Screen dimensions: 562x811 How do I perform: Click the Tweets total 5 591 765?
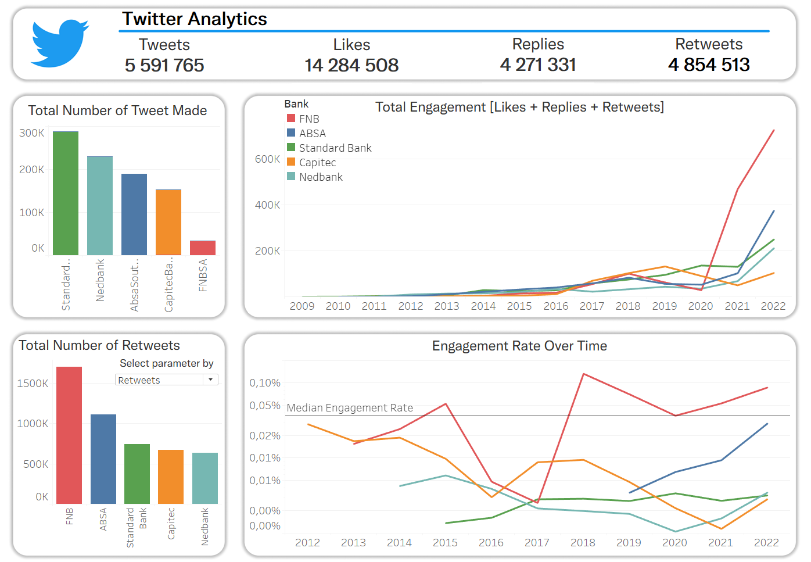pyautogui.click(x=164, y=65)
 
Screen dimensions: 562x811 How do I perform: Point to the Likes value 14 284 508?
pyautogui.click(x=351, y=65)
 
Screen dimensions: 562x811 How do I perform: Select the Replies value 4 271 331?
pyautogui.click(x=538, y=65)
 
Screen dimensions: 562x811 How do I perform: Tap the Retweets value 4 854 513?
pyautogui.click(x=709, y=65)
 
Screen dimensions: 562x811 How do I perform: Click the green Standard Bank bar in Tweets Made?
pyautogui.click(x=66, y=194)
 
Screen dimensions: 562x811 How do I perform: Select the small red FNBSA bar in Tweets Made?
pyautogui.click(x=203, y=248)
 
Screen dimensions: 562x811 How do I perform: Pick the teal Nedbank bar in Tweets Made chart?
pyautogui.click(x=100, y=206)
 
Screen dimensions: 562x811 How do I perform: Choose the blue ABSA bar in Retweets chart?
pyautogui.click(x=103, y=459)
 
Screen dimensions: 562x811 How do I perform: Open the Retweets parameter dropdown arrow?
pyautogui.click(x=210, y=380)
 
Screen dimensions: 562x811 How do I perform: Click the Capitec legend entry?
pyautogui.click(x=317, y=163)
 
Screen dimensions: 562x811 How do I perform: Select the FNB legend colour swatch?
pyautogui.click(x=291, y=119)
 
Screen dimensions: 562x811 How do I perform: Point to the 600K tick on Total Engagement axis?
pyautogui.click(x=267, y=159)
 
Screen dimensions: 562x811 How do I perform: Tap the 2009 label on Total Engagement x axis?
pyautogui.click(x=302, y=306)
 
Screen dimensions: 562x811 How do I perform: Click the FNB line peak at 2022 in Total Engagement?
pyautogui.click(x=774, y=130)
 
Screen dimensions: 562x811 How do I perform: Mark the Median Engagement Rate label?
pyautogui.click(x=350, y=408)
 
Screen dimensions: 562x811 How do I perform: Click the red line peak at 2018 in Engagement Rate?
pyautogui.click(x=583, y=374)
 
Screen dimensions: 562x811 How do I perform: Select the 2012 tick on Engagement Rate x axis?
pyautogui.click(x=307, y=543)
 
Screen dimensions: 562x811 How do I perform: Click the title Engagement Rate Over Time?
pyautogui.click(x=519, y=346)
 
